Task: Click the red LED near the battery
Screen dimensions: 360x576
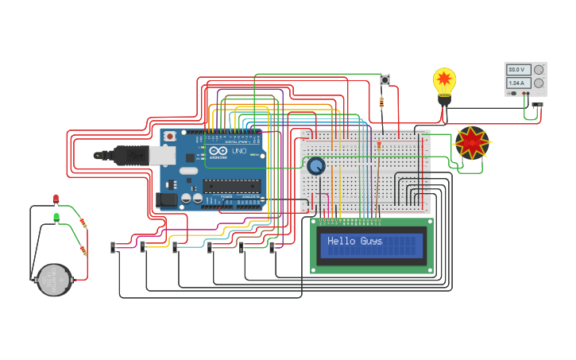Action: click(x=56, y=199)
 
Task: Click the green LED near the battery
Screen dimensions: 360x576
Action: click(x=56, y=216)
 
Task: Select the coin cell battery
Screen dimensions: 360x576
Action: click(x=54, y=280)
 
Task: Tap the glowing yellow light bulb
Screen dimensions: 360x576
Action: click(x=444, y=82)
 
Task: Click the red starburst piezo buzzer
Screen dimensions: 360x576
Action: click(x=472, y=143)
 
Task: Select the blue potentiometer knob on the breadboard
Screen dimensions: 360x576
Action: click(x=316, y=166)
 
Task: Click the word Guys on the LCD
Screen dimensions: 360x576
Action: click(x=371, y=241)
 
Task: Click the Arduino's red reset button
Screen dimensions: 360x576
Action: click(x=169, y=137)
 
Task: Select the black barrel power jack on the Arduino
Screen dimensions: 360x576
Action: click(x=167, y=199)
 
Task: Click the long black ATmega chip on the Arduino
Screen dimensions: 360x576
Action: click(x=231, y=186)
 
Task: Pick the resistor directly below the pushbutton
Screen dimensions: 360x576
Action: click(x=384, y=102)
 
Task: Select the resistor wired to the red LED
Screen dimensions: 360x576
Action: click(x=84, y=225)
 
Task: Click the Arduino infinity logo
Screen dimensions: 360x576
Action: click(x=218, y=151)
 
